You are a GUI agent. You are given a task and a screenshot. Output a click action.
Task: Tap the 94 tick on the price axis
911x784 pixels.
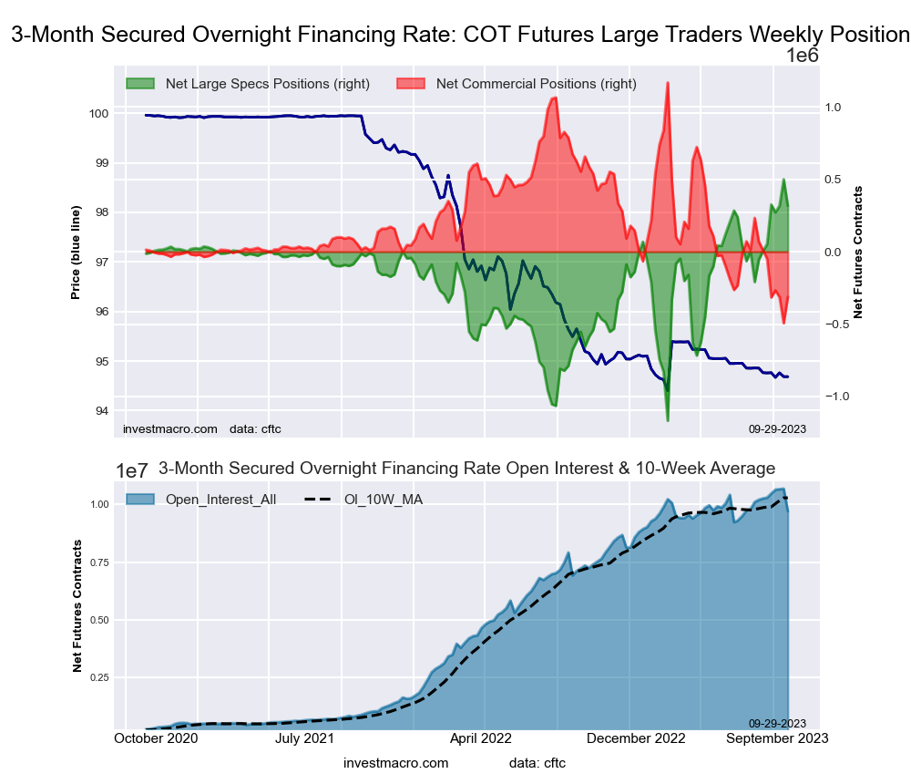coord(102,411)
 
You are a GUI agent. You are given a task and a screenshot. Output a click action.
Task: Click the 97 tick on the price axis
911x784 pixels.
coord(102,263)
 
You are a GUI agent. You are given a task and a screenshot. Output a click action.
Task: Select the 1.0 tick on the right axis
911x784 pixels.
coord(833,108)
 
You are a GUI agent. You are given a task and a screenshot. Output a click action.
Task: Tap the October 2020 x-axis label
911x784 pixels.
coord(156,738)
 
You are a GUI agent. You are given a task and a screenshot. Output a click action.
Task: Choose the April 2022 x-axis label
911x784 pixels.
coord(482,738)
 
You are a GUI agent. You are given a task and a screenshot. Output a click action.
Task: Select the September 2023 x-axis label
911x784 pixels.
coord(777,738)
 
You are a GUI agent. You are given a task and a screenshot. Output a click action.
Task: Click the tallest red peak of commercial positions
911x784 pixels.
coord(668,83)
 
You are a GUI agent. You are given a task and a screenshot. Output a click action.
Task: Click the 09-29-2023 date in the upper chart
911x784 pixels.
coord(777,428)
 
